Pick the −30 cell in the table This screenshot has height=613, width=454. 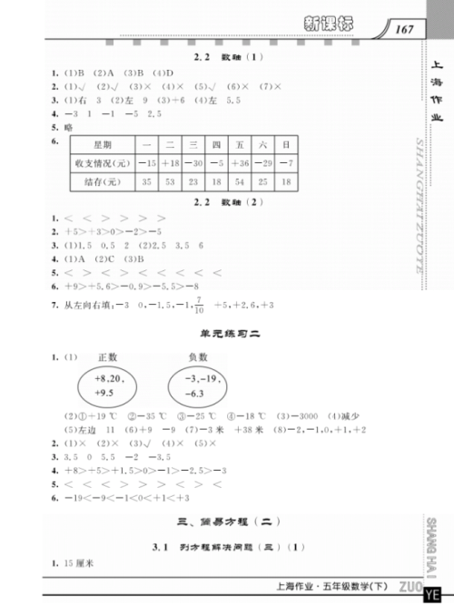coord(192,163)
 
